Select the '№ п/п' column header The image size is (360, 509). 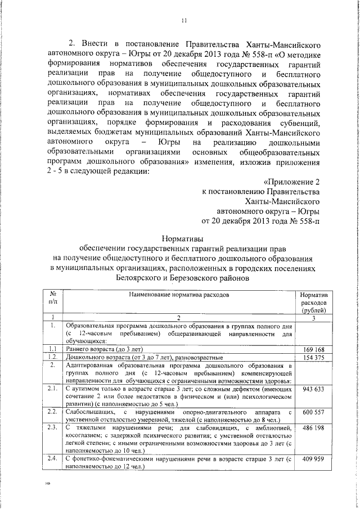[52, 298]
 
